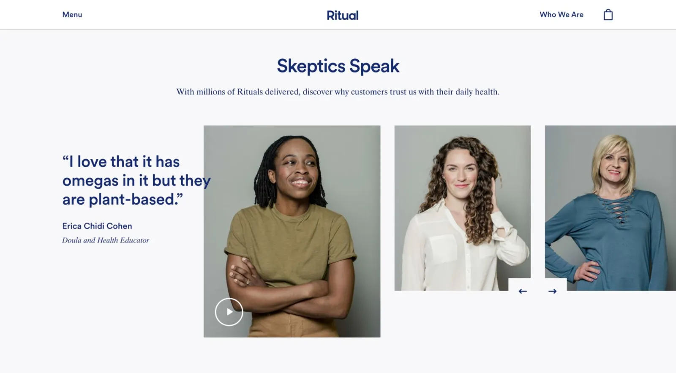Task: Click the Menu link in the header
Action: [72, 14]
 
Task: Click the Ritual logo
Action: [343, 15]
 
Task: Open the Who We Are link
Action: [562, 14]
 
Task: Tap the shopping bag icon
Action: [608, 14]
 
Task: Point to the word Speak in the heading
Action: [374, 66]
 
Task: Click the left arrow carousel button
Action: [523, 291]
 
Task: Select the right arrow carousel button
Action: [552, 291]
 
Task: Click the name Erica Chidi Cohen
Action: [97, 226]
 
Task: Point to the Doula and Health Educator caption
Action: [106, 240]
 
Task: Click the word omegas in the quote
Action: [90, 181]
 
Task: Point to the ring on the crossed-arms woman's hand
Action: [248, 282]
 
